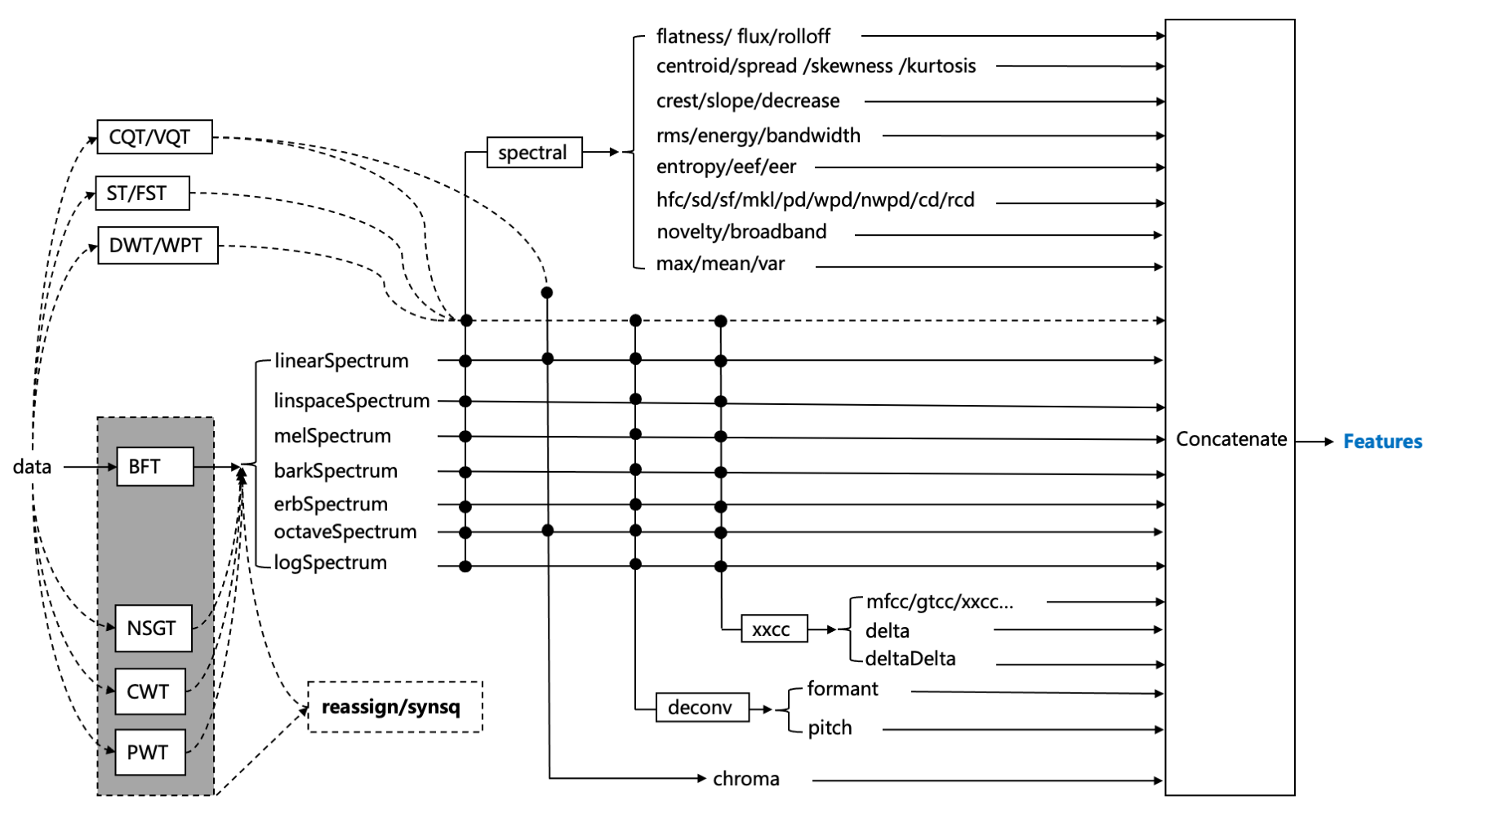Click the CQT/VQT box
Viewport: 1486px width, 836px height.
coord(154,136)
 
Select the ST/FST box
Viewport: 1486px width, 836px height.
coord(142,193)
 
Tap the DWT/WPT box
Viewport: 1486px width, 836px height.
coord(158,245)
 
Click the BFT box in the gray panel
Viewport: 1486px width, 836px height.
coord(155,466)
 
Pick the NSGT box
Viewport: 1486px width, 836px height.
coord(153,628)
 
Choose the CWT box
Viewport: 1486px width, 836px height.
coord(150,691)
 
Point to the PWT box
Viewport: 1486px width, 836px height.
coord(150,752)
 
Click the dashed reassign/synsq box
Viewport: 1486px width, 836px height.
coord(395,706)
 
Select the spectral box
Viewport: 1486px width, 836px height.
coord(534,152)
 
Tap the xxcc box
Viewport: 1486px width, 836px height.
coord(774,629)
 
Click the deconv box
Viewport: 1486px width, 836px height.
coord(702,707)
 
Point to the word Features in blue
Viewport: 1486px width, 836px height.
coord(1382,442)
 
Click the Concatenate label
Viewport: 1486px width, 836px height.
coord(1231,439)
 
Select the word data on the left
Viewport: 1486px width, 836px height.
coord(32,466)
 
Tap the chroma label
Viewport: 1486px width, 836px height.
coord(746,779)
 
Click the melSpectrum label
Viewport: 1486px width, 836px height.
coord(332,436)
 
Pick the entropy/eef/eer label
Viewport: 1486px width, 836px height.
coord(726,167)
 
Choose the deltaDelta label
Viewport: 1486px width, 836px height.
coord(910,658)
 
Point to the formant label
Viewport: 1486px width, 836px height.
coord(843,688)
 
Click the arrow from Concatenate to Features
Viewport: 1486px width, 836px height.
coord(1315,442)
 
